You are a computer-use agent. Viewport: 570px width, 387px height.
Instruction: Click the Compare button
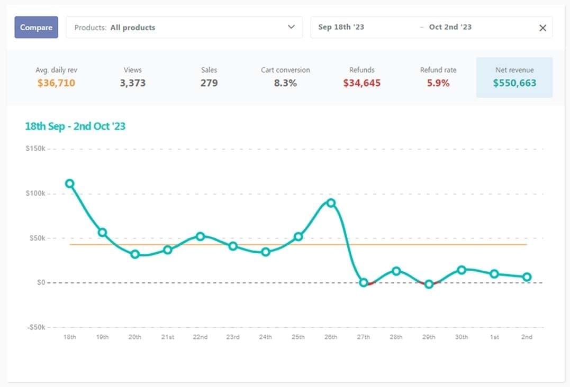click(36, 27)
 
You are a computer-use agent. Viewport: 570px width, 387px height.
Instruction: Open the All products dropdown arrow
click(291, 27)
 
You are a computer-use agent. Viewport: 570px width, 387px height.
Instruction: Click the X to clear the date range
click(542, 28)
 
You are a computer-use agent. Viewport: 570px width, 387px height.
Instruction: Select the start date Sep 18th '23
click(341, 27)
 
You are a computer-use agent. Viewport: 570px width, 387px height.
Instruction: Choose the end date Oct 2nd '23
click(450, 27)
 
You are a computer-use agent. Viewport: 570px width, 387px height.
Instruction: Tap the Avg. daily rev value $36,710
click(56, 83)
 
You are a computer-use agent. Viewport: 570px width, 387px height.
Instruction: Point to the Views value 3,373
click(132, 83)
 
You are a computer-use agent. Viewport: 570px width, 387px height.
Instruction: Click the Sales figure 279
click(209, 83)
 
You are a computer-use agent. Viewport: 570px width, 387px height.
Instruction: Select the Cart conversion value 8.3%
click(285, 83)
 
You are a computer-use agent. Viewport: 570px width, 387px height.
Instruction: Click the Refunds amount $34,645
click(361, 83)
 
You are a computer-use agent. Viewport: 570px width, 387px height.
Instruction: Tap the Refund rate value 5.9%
click(438, 83)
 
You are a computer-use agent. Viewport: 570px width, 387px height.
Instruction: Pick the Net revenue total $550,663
click(514, 83)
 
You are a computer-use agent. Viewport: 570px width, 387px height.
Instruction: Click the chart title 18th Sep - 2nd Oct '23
click(75, 126)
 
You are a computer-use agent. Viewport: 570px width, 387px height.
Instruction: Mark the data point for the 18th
click(69, 183)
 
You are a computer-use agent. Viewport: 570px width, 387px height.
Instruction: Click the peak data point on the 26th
click(331, 203)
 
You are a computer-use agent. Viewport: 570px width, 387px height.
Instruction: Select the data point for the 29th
click(429, 284)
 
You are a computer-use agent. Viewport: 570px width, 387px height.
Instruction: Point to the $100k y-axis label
click(36, 193)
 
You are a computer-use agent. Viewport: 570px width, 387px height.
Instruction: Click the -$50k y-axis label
click(35, 327)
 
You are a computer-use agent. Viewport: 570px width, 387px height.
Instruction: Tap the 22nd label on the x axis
click(200, 337)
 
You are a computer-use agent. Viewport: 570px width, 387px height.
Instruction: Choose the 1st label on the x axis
click(494, 337)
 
